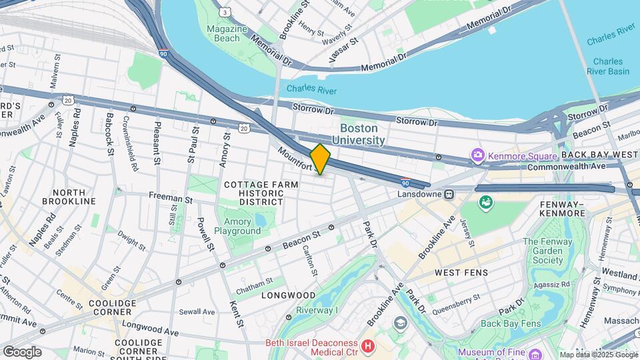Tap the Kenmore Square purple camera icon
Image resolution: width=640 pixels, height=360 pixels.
coord(477,156)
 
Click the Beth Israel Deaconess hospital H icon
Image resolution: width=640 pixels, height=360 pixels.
coord(369,346)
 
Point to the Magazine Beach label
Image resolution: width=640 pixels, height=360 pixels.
coord(223,33)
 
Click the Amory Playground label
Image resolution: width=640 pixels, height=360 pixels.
coord(237,227)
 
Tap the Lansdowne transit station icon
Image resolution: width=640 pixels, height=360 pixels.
coord(449,195)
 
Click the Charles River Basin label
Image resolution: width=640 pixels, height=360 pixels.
coord(607,66)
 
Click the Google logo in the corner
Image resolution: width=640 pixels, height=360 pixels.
coord(22,351)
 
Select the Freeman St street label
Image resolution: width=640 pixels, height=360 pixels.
coord(170,199)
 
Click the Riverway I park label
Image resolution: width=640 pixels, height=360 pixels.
coord(318,310)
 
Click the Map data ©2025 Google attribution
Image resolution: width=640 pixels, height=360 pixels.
coord(599,355)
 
